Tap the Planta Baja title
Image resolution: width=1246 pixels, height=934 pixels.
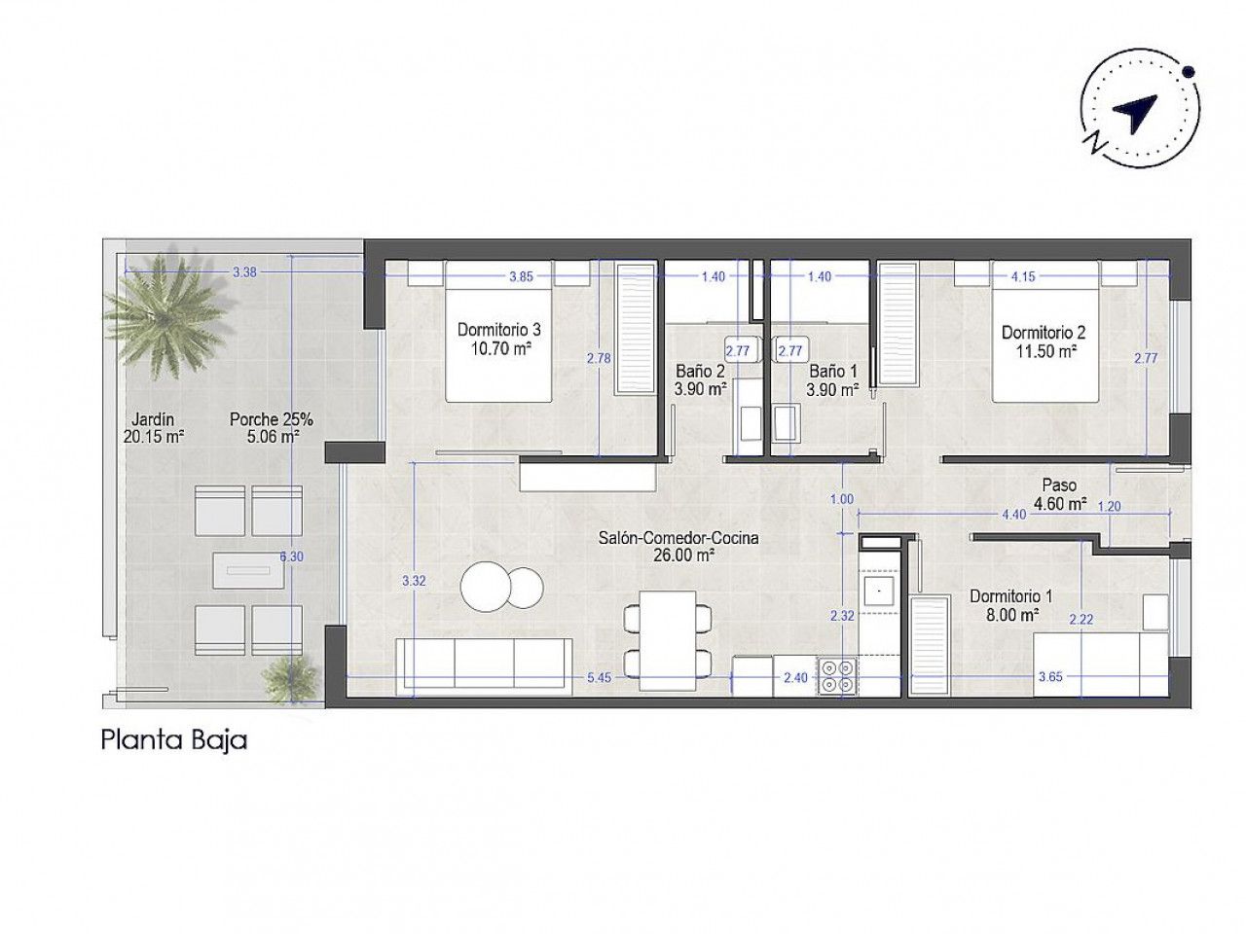[x=173, y=741]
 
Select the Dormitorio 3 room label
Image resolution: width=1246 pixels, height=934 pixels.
[x=499, y=339]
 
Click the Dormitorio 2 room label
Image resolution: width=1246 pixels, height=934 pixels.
[x=1044, y=341]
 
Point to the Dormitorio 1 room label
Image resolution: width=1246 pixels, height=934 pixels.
[x=1011, y=605]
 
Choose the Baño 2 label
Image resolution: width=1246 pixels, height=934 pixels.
[x=700, y=380]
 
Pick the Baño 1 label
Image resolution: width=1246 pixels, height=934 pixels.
[x=832, y=380]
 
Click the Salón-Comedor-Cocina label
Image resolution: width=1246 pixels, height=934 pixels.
[x=678, y=546]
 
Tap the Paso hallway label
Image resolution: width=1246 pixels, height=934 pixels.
[x=1059, y=494]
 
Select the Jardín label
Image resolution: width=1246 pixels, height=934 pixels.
[x=153, y=427]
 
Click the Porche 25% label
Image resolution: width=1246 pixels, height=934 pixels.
[x=272, y=427]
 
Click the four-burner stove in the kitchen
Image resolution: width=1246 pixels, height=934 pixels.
[x=835, y=676]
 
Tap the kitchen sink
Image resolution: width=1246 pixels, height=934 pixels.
[x=879, y=592]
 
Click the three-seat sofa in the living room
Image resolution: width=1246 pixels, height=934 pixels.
[x=484, y=666]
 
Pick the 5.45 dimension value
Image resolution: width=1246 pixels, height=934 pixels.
[x=600, y=677]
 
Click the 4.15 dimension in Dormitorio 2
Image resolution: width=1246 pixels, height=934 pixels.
[x=1023, y=276]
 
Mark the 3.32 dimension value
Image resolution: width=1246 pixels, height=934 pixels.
[x=414, y=580]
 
